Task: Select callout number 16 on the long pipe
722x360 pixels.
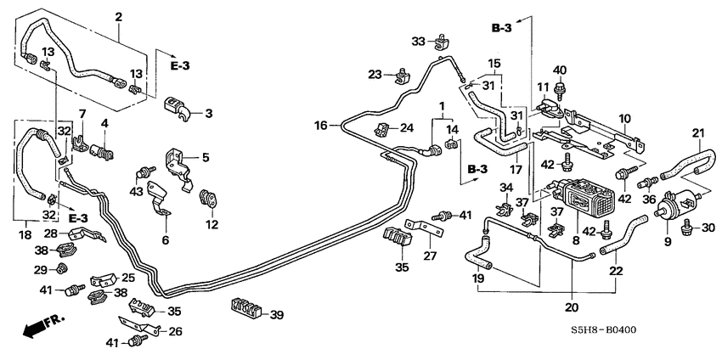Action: tap(320, 126)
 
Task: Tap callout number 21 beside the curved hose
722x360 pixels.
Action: tap(697, 132)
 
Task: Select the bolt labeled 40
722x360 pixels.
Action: tap(560, 87)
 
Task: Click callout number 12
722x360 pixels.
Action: tap(212, 226)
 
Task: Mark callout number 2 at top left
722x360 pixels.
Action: tap(118, 17)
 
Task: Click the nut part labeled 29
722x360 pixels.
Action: tap(61, 270)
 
